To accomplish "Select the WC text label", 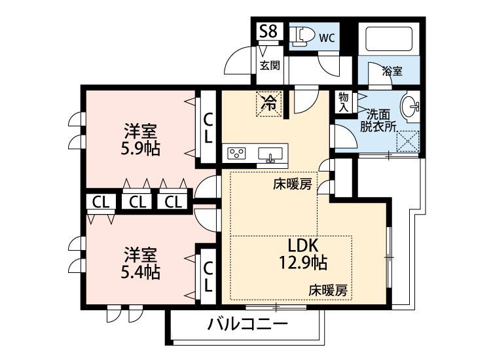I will [x=327, y=37].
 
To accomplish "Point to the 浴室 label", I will [x=392, y=71].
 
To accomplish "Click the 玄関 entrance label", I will [x=269, y=65].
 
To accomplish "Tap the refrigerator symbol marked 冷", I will [x=269, y=102].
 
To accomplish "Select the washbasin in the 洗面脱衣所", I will [x=412, y=105].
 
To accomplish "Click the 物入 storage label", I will [x=343, y=102].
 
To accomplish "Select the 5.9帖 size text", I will [x=141, y=148].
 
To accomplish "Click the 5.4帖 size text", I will [x=141, y=270].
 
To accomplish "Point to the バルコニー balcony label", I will [x=248, y=324].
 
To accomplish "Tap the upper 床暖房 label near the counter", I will [x=293, y=185].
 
